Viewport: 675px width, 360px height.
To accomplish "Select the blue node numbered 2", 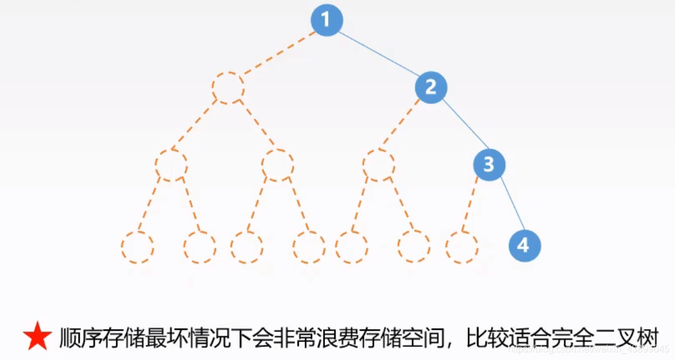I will click(x=431, y=88).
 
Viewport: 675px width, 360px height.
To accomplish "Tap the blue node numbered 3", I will click(x=488, y=165).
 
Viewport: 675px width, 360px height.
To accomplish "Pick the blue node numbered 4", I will click(x=525, y=245).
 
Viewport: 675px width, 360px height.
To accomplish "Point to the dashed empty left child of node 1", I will click(x=228, y=88).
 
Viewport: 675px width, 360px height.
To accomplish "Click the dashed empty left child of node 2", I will click(x=378, y=165).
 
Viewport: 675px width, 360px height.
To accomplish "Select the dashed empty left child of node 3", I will click(x=462, y=247).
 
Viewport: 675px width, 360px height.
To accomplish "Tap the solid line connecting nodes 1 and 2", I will click(x=379, y=54).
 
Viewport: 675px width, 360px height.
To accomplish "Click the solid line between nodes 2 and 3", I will click(x=460, y=126).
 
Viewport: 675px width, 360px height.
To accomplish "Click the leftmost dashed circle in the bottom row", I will click(x=137, y=247).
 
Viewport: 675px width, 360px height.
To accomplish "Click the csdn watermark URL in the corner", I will click(x=594, y=349).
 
